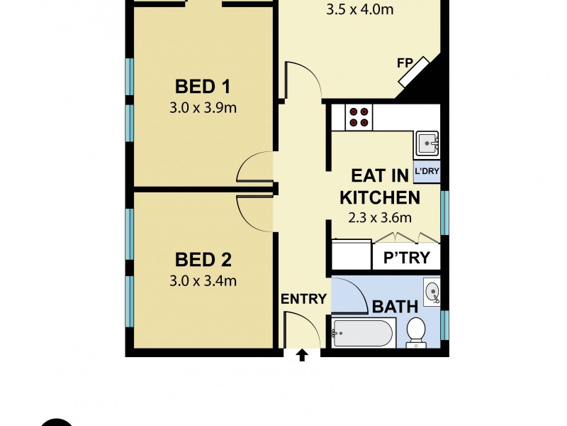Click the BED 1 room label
[203, 87]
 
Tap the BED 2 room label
[203, 259]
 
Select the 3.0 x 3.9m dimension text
[203, 109]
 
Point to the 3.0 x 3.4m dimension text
[203, 280]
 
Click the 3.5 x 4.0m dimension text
[359, 10]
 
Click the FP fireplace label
[405, 63]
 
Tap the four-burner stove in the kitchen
[359, 116]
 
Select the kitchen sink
[427, 144]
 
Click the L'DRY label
[427, 172]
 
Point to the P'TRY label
[406, 258]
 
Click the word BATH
[395, 307]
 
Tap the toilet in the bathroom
[416, 332]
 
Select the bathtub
[364, 333]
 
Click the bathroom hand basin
[431, 290]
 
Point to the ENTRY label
[303, 299]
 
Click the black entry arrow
[303, 354]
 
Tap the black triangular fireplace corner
[424, 82]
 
